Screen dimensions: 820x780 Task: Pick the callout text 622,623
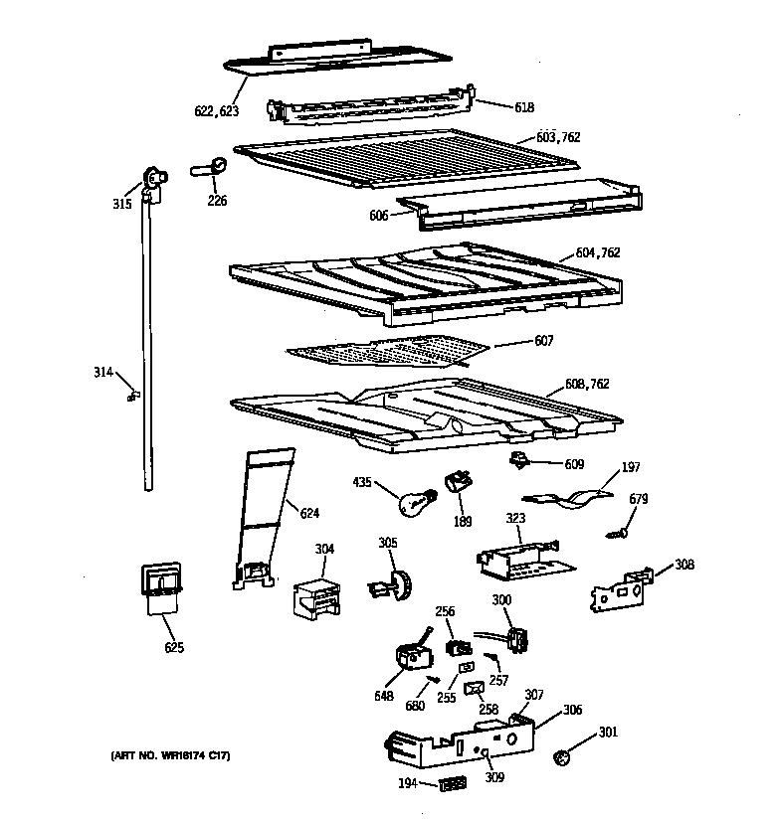[216, 111]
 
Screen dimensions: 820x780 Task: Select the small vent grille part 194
[451, 785]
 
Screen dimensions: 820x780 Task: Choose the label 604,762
[597, 253]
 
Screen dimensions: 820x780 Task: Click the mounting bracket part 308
[618, 591]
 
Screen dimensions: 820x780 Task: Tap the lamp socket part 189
[458, 483]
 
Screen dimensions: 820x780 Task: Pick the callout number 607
[543, 341]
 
